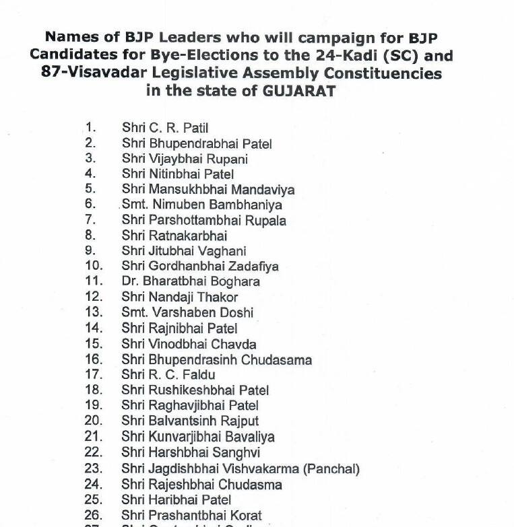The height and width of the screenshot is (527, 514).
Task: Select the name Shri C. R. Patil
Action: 169,128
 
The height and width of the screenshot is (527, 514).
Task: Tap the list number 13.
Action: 94,312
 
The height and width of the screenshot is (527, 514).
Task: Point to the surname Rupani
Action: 225,159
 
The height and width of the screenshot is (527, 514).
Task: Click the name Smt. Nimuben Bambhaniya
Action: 202,205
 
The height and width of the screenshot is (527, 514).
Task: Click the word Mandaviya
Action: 259,190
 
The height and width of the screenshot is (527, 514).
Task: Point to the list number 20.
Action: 94,421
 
